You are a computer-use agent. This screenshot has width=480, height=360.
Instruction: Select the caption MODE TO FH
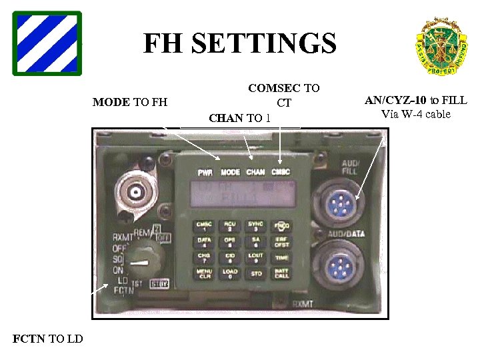[130, 103]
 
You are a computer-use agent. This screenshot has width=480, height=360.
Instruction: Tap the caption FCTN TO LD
[48, 339]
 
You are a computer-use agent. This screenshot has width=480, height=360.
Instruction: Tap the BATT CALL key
[282, 273]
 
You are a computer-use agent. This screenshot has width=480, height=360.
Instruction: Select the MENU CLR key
[203, 273]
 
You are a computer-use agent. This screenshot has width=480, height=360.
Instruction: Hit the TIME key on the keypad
[282, 257]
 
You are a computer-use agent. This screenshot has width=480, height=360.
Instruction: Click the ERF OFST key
[282, 241]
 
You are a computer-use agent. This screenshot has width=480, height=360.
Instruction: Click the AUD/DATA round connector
[341, 266]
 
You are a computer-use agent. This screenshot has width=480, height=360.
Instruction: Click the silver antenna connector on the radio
[136, 193]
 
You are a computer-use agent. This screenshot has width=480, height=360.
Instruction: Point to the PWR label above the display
[205, 172]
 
